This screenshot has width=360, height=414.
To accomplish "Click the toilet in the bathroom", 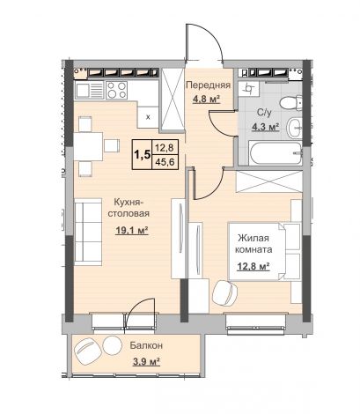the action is (x=290, y=103).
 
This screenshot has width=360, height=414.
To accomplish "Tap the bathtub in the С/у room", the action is (x=275, y=152).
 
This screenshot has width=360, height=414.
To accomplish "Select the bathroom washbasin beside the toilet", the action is (x=294, y=128).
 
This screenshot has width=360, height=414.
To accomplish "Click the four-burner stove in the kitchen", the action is (x=117, y=90).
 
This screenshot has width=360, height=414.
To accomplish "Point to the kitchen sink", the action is (x=90, y=90).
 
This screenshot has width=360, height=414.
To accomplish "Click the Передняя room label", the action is (x=208, y=85).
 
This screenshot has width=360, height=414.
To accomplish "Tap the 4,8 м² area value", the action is (x=206, y=100).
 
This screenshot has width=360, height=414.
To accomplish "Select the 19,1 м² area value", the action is (x=132, y=231).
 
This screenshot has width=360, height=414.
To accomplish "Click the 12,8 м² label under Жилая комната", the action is (x=253, y=267).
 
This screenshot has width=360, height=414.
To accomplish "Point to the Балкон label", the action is (x=146, y=345).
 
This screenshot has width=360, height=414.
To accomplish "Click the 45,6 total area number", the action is (x=165, y=161).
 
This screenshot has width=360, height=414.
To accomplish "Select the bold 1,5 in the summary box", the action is (x=142, y=154).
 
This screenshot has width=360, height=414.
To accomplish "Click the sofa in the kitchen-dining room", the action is (x=88, y=232).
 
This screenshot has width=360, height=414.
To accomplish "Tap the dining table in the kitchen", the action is (x=88, y=146).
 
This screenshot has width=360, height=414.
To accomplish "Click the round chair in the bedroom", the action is (x=224, y=292).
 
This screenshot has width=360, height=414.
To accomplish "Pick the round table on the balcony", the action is (x=112, y=345).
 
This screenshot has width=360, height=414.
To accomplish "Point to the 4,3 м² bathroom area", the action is (x=265, y=127).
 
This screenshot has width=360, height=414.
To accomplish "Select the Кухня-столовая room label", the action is (x=129, y=208).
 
